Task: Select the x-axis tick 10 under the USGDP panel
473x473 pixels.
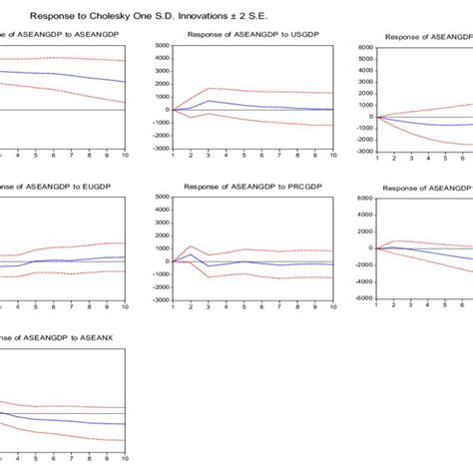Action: click(331, 155)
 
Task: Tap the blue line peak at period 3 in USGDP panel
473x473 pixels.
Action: click(208, 101)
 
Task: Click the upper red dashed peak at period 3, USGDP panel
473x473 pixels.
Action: click(208, 88)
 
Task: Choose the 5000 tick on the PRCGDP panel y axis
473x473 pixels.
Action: click(159, 198)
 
